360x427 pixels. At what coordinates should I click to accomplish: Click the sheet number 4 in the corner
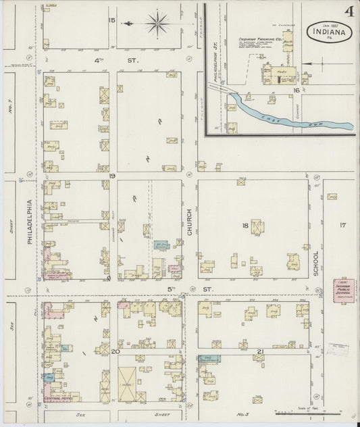click(x=349, y=11)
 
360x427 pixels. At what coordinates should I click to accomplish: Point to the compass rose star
click(x=157, y=24)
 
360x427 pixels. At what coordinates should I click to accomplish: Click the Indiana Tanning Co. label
click(x=255, y=39)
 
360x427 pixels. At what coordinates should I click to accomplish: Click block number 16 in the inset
click(x=296, y=89)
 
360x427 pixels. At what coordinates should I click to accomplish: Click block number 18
click(x=245, y=225)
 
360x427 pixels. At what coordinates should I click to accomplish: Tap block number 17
click(x=342, y=225)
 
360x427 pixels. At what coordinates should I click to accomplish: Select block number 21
click(x=259, y=352)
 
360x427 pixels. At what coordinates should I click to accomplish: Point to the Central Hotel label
click(x=57, y=399)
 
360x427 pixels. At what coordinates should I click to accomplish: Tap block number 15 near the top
click(x=111, y=20)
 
